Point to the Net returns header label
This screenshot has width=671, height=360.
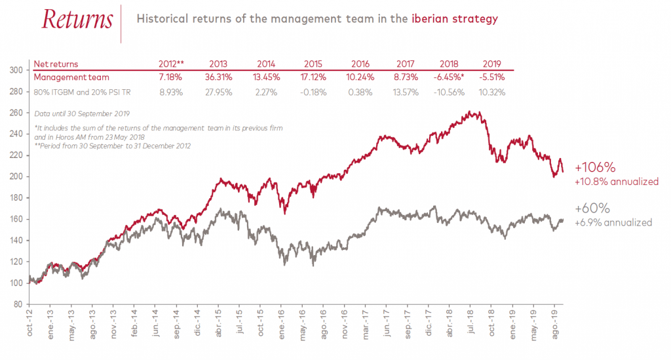(56, 64)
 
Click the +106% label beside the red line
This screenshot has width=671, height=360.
(593, 167)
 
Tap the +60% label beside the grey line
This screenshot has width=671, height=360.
(592, 209)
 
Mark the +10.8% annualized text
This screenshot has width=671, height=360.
(616, 181)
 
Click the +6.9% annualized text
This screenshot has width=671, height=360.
(613, 223)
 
